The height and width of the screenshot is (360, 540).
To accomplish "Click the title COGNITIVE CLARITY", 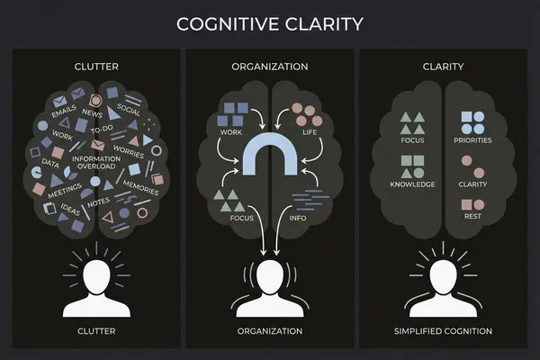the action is pyautogui.click(x=270, y=24).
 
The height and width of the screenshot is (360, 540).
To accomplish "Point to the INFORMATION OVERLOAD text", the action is pyautogui.click(x=96, y=163).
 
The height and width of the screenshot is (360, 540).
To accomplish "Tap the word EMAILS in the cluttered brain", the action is pyautogui.click(x=64, y=112).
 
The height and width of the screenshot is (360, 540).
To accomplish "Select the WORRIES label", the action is pyautogui.click(x=129, y=151).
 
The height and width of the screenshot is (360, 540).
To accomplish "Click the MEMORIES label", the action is pyautogui.click(x=141, y=188).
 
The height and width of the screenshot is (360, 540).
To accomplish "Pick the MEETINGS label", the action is pyautogui.click(x=65, y=191).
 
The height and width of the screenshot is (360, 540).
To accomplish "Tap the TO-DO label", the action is pyautogui.click(x=102, y=130).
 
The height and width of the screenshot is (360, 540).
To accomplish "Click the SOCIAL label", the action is pyautogui.click(x=129, y=110).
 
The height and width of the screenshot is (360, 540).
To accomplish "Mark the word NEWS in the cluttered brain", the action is pyautogui.click(x=92, y=112).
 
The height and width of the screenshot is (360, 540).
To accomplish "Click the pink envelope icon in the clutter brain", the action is pyautogui.click(x=97, y=145).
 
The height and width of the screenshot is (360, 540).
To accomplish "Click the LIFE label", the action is pyautogui.click(x=310, y=132).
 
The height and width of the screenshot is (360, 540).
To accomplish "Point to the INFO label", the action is pyautogui.click(x=298, y=218).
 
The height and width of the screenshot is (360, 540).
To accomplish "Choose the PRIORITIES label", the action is pyautogui.click(x=472, y=140).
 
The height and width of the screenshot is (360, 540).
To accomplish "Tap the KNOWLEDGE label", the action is pyautogui.click(x=412, y=184).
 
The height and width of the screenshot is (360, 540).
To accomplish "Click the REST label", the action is pyautogui.click(x=472, y=216).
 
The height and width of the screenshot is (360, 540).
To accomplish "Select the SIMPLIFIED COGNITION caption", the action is pyautogui.click(x=443, y=331).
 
